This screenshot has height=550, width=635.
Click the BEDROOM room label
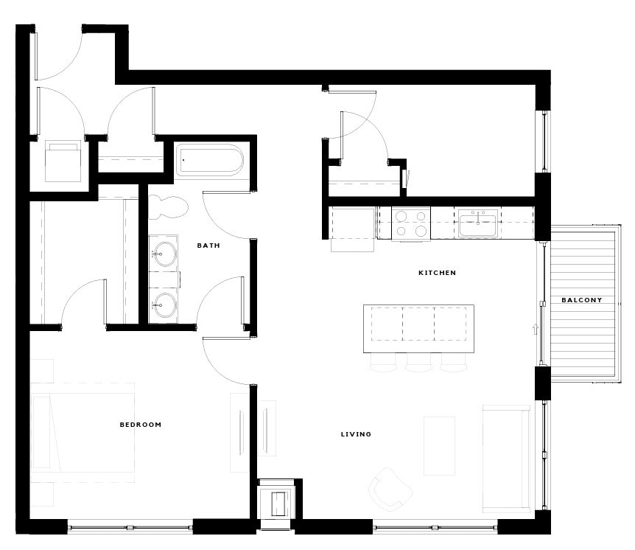[x=140, y=425]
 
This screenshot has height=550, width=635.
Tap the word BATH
[x=208, y=246]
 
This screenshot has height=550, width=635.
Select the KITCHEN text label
[x=437, y=273]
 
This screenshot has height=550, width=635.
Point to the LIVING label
[x=356, y=434]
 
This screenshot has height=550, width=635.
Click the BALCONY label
[x=581, y=300]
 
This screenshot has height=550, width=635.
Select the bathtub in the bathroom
[x=209, y=160]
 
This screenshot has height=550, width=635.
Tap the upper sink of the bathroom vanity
[x=163, y=253]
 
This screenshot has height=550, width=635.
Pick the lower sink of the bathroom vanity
[x=163, y=304]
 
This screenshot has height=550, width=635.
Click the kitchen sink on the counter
[x=478, y=223]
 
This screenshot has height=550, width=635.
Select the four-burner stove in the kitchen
[x=411, y=223]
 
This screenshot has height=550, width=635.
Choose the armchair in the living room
[x=390, y=487]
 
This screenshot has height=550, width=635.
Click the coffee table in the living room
[x=439, y=445]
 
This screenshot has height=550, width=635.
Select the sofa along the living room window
[x=505, y=457]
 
